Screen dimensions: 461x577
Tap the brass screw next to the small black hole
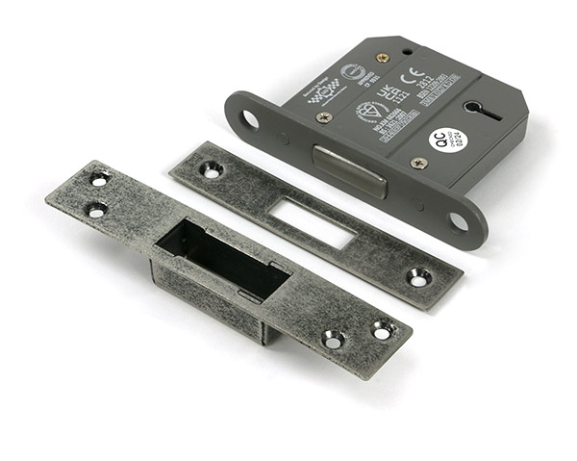pos(382,58)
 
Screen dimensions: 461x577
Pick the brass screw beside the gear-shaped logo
pos(324,117)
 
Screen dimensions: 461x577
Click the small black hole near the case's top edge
pos(407,50)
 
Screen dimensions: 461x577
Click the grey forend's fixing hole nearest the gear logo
pos(250,119)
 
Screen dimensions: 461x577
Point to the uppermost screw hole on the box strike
pos(99,178)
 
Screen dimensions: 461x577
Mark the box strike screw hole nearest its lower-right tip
pos(382,331)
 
